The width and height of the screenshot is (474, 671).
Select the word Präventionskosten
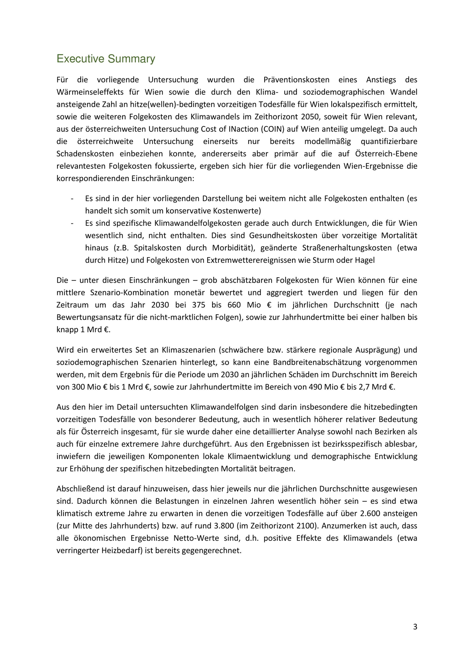tap(296, 80)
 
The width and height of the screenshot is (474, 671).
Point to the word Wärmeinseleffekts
tap(90, 92)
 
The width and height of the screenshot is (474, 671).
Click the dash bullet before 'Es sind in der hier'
tap(72, 199)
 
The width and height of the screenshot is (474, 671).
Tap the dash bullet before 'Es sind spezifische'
tap(72, 223)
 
